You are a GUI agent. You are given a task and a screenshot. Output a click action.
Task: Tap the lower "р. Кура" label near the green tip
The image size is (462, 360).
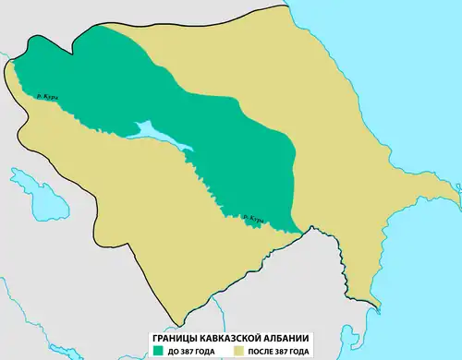(x=251, y=219)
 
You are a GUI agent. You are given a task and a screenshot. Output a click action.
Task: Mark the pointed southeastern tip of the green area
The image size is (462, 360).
(x=300, y=231)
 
